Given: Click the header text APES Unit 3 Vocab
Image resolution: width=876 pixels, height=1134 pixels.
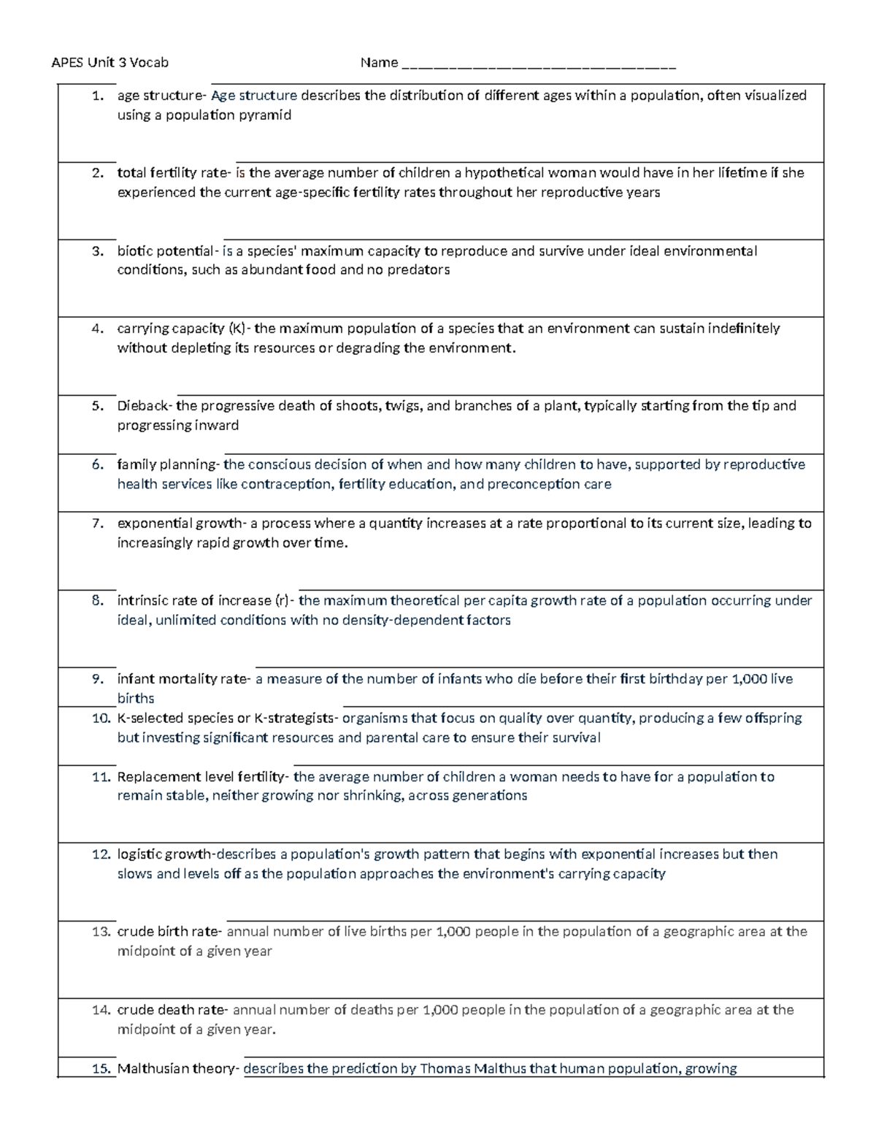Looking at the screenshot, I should (109, 63).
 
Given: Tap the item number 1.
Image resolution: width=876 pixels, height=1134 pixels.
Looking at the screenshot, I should (98, 96).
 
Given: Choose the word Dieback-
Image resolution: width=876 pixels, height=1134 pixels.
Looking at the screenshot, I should (146, 406).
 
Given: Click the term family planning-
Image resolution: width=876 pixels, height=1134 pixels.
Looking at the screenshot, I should (169, 464).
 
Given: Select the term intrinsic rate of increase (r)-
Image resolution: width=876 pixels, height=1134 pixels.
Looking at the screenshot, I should (207, 601).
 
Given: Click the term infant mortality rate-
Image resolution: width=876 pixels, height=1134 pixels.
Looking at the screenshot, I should (184, 679).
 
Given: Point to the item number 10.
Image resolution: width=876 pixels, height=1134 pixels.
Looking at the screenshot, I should (101, 719).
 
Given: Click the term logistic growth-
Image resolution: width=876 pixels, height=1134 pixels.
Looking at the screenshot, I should (166, 854).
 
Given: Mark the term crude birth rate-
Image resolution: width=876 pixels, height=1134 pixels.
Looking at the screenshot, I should (170, 932).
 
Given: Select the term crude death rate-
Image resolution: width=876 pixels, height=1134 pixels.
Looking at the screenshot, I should (173, 1010).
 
